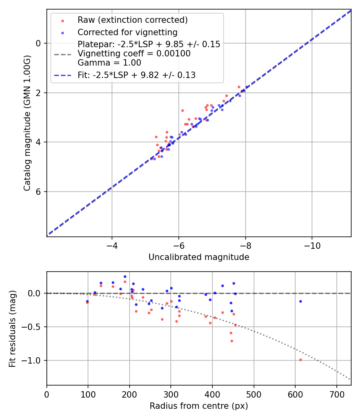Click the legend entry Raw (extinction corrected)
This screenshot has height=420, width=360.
[132, 20]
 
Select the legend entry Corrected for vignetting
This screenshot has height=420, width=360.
[127, 32]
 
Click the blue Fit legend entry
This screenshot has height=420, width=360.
[136, 75]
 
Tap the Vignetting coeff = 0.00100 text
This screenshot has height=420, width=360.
[134, 54]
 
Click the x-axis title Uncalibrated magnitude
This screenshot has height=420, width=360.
[199, 257]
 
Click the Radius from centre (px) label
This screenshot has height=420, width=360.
[199, 406]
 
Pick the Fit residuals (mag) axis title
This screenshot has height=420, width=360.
[13, 328]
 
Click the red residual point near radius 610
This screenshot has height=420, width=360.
[300, 360]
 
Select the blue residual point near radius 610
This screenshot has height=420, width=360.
[300, 301]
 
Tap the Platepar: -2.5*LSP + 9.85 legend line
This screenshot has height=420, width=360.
[149, 44]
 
